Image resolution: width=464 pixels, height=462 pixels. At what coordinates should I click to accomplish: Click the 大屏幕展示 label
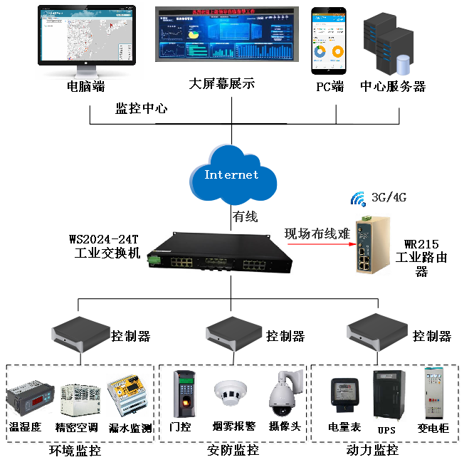click(x=221, y=85)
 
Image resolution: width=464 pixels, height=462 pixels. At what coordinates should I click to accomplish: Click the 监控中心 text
click(x=142, y=110)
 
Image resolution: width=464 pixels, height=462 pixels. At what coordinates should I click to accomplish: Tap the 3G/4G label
click(x=387, y=196)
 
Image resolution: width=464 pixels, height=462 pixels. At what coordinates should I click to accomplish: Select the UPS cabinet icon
click(x=387, y=394)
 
